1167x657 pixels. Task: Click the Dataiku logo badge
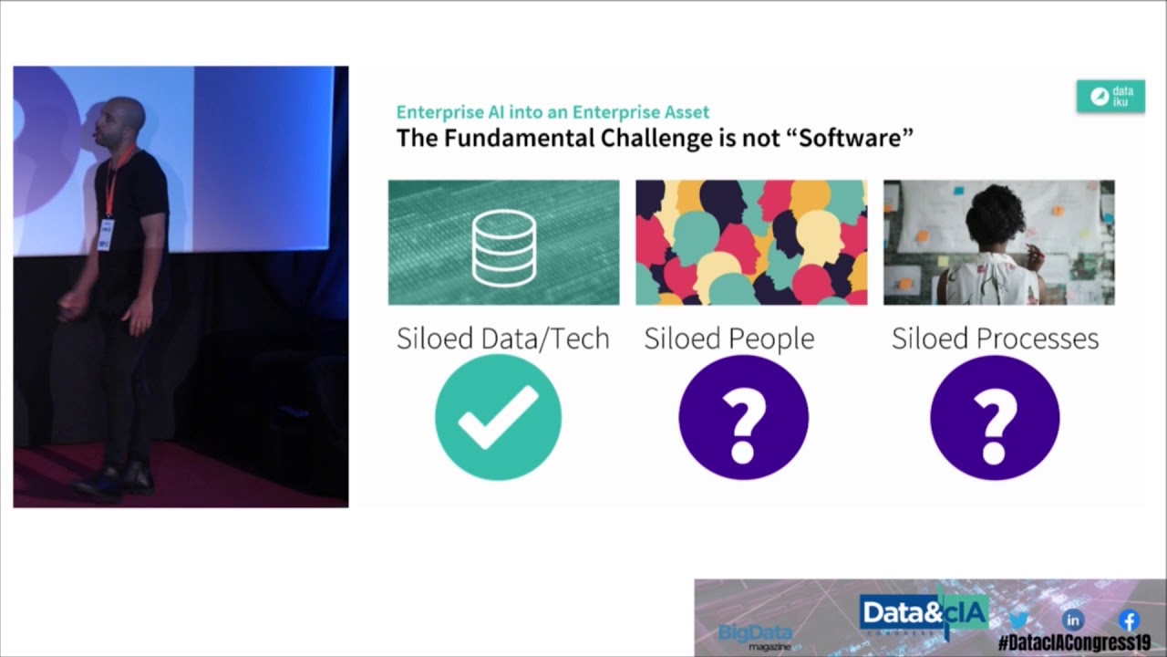[1110, 96]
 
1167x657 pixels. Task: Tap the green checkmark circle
[498, 417]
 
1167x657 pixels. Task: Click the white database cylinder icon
[504, 247]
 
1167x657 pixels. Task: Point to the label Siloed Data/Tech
[502, 339]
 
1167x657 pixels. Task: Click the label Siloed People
[728, 339]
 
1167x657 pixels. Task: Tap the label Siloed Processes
[995, 339]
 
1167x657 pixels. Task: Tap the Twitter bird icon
[1018, 620]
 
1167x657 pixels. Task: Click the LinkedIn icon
[1073, 620]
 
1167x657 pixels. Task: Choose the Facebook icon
[1130, 620]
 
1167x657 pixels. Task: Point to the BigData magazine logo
[755, 637]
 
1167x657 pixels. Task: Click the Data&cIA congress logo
[924, 614]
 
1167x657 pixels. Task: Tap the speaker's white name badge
[106, 235]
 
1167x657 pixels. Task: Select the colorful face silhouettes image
[751, 243]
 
